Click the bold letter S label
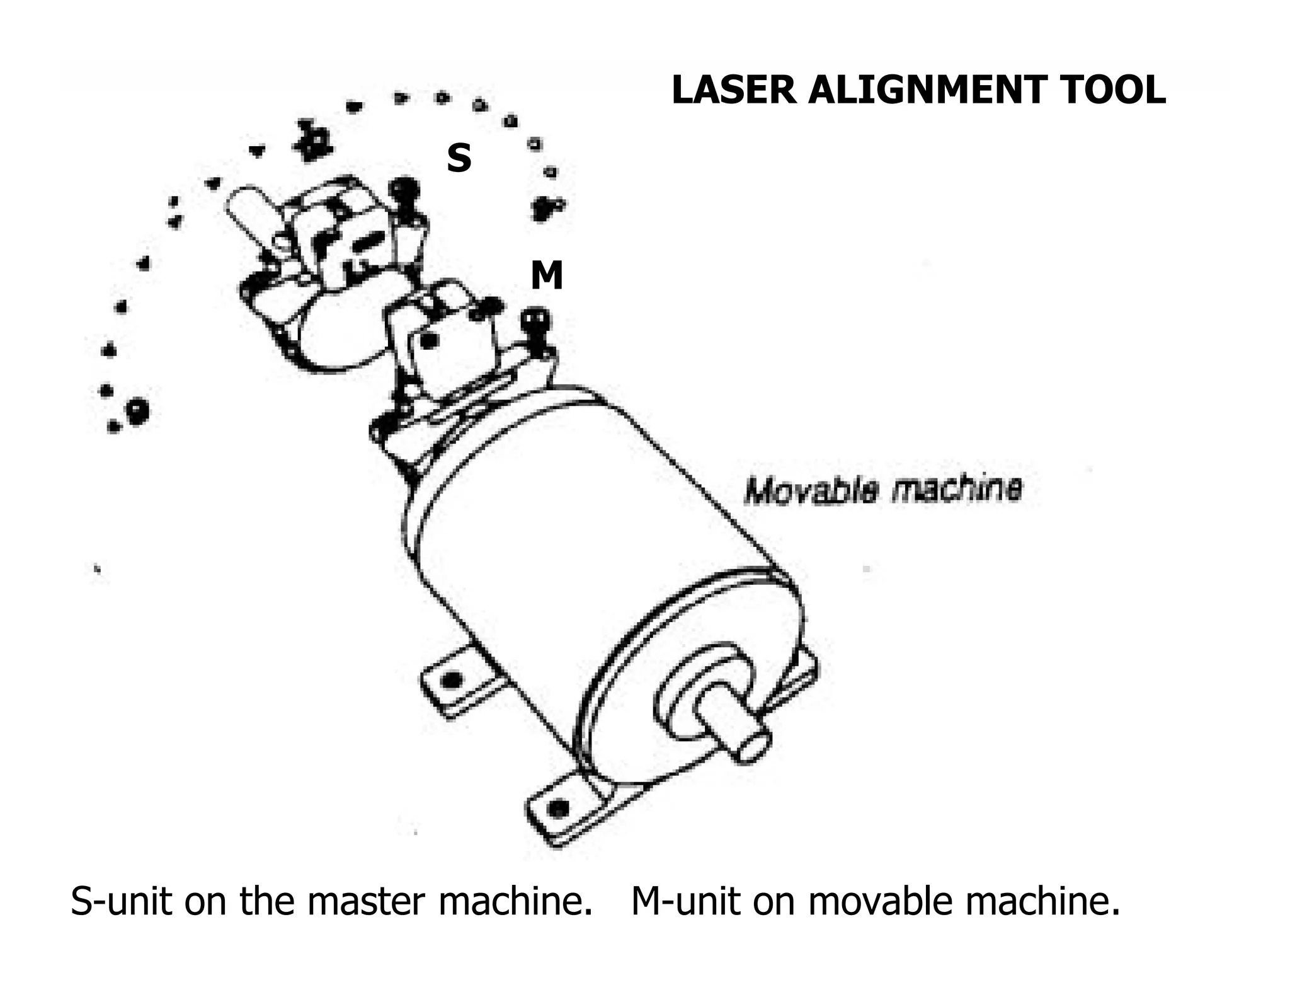point(459,158)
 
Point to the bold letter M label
point(546,276)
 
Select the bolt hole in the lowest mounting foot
point(558,807)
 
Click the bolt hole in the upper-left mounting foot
point(451,680)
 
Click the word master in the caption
point(366,902)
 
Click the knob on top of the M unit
point(537,320)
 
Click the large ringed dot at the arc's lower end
point(137,411)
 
